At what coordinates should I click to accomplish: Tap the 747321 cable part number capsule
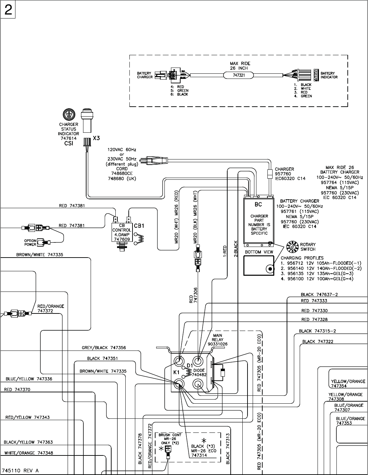tap(239, 75)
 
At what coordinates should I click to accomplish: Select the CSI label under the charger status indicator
tap(69, 144)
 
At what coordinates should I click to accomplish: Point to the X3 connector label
tap(96, 139)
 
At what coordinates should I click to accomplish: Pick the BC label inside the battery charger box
tap(258, 204)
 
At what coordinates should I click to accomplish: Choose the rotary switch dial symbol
tap(292, 247)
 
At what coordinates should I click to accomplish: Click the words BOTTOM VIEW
tap(259, 252)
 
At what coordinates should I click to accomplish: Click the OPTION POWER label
tap(30, 242)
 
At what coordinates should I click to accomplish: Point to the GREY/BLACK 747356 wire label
tap(104, 348)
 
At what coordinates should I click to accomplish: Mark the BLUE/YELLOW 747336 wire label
tap(29, 379)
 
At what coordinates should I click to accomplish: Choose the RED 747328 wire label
tap(314, 320)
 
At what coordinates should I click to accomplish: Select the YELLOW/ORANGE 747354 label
tap(348, 383)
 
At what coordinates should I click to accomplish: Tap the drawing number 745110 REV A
tap(20, 471)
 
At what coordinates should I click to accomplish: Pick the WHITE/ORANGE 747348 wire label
tap(28, 453)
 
